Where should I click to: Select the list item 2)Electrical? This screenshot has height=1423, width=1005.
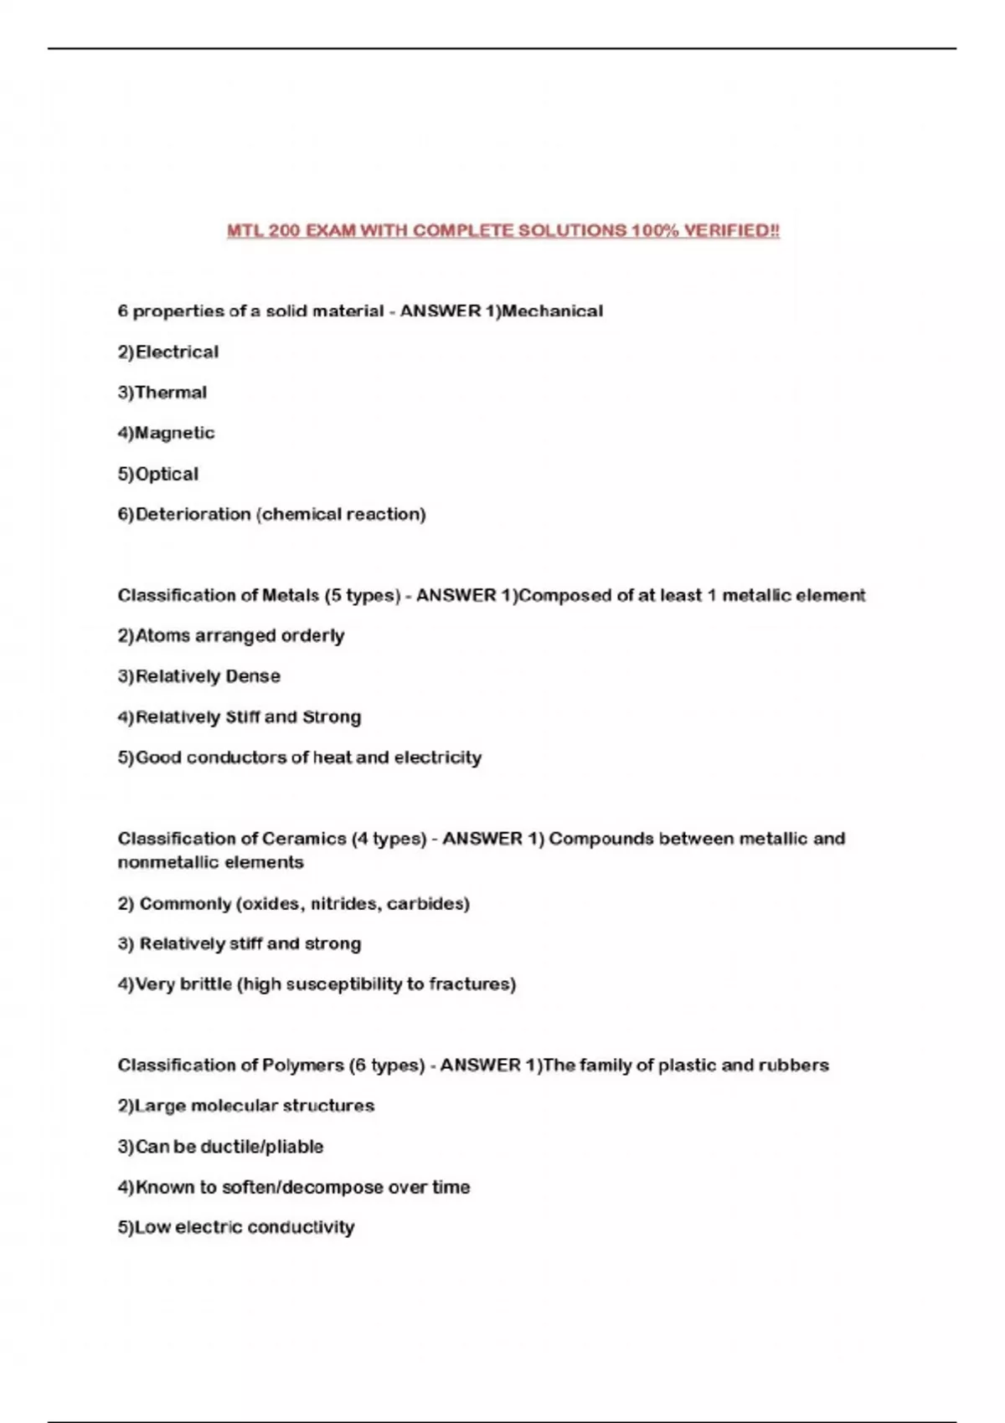(x=168, y=352)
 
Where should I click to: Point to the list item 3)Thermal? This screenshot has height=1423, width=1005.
(x=162, y=393)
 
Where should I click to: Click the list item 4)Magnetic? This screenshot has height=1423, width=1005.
(x=167, y=433)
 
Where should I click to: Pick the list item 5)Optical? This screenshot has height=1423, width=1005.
(x=158, y=474)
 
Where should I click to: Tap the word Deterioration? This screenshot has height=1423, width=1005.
(x=193, y=514)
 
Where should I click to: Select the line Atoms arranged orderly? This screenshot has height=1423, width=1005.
(x=231, y=636)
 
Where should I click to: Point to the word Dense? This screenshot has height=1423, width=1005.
(x=253, y=676)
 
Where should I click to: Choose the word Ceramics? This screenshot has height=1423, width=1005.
(x=304, y=839)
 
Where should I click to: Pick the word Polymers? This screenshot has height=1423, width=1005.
(x=303, y=1066)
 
